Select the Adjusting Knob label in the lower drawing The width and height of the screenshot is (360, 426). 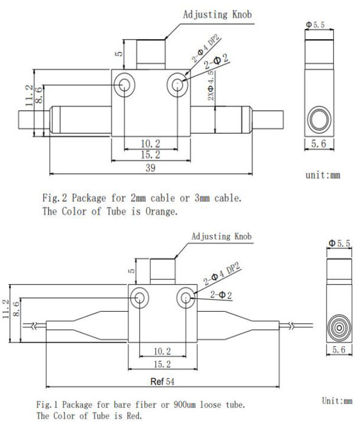click(221, 237)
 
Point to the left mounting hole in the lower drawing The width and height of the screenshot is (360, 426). click(140, 298)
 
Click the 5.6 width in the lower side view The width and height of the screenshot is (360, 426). click(339, 350)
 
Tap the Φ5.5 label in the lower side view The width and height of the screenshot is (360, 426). click(339, 243)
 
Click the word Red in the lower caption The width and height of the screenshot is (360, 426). click(134, 415)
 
